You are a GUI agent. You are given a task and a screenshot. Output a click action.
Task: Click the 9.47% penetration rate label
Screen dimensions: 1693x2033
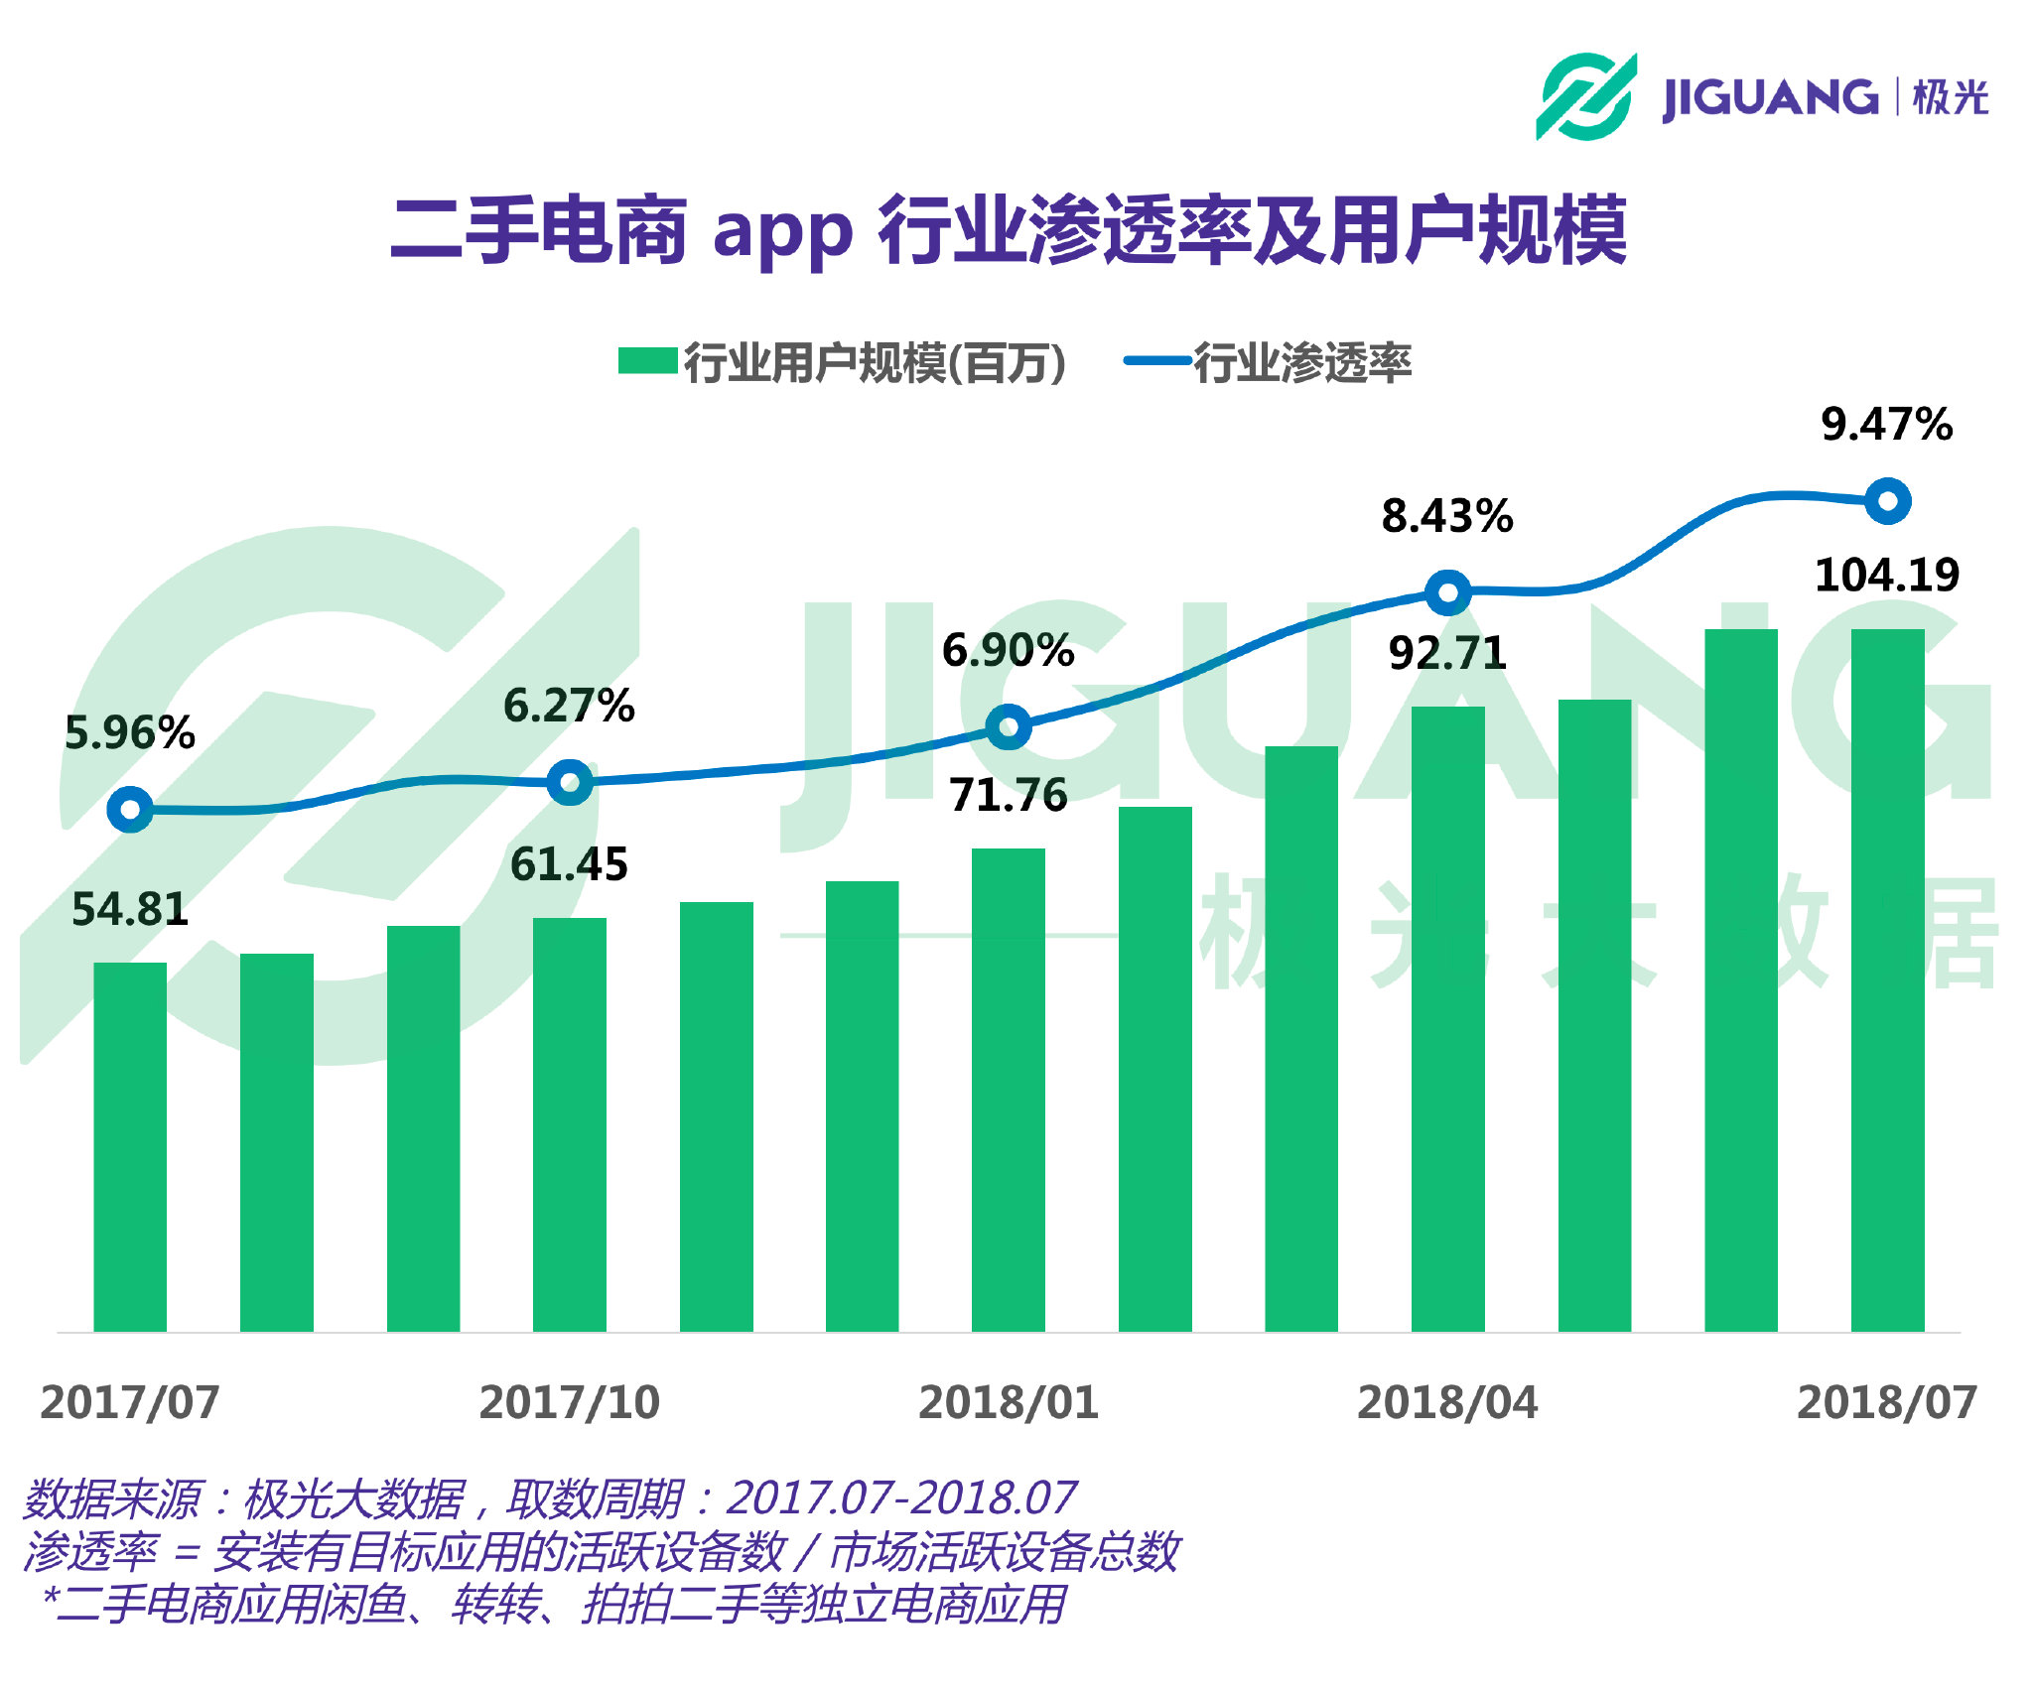(x=1886, y=425)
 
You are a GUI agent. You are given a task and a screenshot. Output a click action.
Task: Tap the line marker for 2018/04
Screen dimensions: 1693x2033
(x=1447, y=593)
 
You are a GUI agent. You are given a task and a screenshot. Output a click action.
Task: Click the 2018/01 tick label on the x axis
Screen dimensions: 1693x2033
(x=1008, y=1403)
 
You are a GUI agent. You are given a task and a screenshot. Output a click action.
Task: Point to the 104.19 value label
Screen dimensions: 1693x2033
(x=1886, y=576)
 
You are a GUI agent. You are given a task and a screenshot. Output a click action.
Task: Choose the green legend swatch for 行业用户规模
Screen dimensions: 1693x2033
(x=647, y=361)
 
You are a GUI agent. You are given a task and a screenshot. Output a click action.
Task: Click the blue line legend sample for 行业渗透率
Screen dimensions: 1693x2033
(x=1157, y=361)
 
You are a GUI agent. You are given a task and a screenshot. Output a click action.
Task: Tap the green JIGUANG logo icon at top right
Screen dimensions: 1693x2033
(x=1585, y=96)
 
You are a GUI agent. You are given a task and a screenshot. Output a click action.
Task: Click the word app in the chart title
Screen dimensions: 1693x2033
(x=782, y=232)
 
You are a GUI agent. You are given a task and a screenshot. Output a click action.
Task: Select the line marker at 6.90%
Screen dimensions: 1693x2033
(x=1009, y=727)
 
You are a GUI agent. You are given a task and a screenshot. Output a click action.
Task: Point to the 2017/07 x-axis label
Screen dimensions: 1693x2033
(x=130, y=1403)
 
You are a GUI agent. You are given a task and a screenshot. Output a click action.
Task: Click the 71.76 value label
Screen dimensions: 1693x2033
(x=1008, y=796)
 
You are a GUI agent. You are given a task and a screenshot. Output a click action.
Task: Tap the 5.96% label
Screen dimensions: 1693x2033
(x=130, y=733)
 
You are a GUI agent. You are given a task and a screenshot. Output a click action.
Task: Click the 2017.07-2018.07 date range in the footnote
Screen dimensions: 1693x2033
(x=900, y=1498)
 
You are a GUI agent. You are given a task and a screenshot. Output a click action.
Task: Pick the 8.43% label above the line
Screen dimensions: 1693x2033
(x=1447, y=517)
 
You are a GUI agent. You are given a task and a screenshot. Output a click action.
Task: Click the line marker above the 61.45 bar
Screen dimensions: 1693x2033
(x=570, y=783)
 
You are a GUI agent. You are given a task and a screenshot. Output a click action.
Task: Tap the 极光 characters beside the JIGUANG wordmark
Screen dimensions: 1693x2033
(x=1950, y=97)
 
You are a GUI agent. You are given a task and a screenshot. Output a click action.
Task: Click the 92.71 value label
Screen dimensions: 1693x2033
(x=1447, y=654)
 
